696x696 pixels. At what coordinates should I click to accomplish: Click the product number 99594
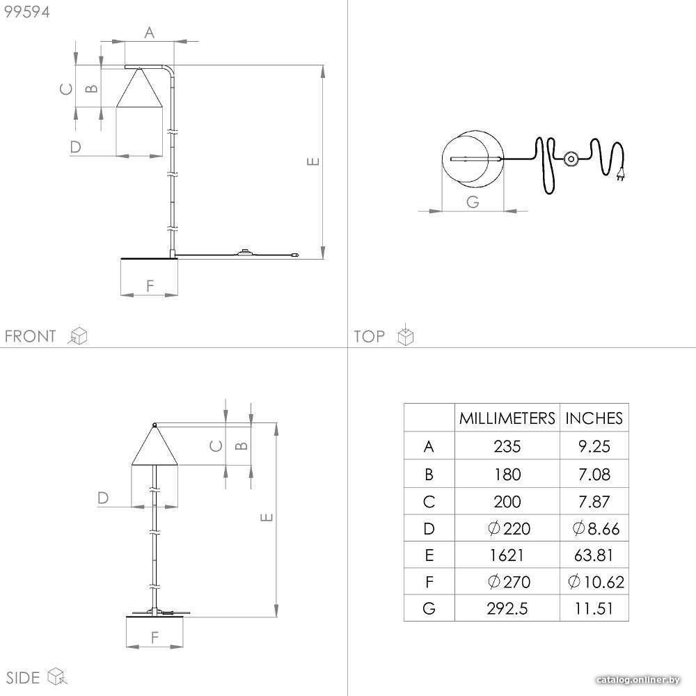(27, 12)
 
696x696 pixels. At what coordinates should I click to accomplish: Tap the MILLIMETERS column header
(507, 418)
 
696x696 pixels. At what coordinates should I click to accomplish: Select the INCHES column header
(594, 418)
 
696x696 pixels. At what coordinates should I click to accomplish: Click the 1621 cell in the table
(507, 555)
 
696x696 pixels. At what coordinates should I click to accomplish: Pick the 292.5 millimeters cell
(507, 608)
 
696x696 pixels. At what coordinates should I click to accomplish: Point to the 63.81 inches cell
(594, 555)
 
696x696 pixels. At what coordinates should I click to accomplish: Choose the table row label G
(429, 608)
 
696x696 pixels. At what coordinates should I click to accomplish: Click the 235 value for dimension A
(507, 447)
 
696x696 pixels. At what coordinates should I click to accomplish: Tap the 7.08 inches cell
(594, 475)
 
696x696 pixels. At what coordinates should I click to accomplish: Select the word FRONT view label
(30, 336)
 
